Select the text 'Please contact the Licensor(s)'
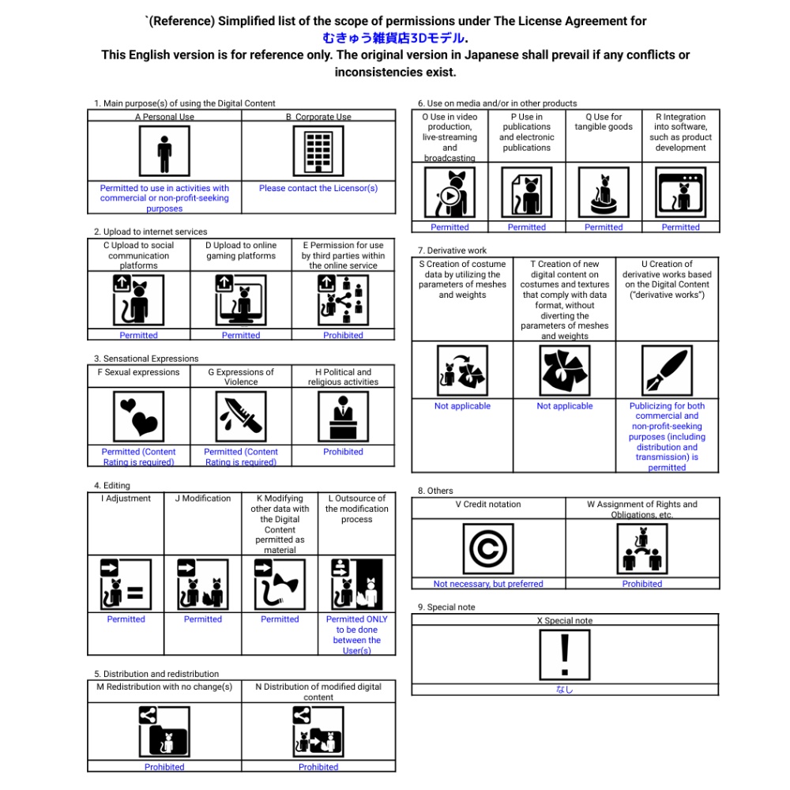tap(318, 189)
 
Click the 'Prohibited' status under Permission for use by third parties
tap(343, 336)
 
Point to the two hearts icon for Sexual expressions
tap(138, 416)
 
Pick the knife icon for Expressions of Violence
tap(241, 416)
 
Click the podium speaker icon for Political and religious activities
tap(343, 416)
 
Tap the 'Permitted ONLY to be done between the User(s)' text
tap(356, 635)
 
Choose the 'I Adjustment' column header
tap(126, 498)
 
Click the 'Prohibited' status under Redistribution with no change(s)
tap(164, 767)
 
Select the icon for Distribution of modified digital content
tap(318, 732)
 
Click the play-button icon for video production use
tap(450, 194)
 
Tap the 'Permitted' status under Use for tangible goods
tap(604, 228)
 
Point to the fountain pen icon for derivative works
tap(667, 371)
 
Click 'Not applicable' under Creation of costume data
tap(462, 406)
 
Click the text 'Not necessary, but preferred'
tap(488, 585)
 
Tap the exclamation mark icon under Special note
tap(564, 655)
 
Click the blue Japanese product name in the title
tap(393, 38)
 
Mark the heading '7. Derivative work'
tap(453, 250)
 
